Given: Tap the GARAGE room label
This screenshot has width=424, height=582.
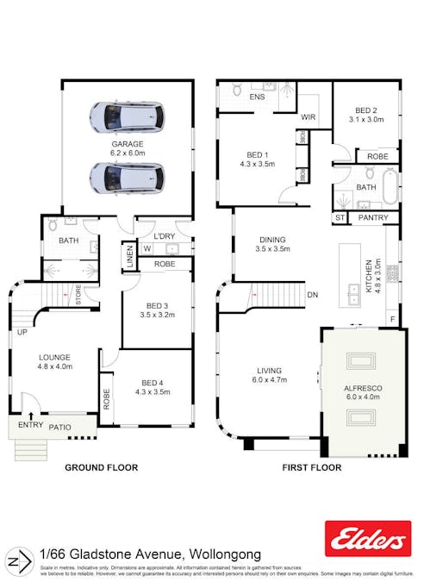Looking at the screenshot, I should click(x=126, y=144).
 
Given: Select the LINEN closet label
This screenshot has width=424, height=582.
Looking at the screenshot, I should click(x=128, y=255).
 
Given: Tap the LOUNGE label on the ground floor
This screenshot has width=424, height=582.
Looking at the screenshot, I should click(x=54, y=357).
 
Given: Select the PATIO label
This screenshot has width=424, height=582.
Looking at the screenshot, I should click(x=59, y=426).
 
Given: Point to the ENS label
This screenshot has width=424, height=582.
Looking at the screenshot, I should click(x=257, y=97).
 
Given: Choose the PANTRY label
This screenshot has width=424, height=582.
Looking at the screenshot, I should click(x=372, y=218).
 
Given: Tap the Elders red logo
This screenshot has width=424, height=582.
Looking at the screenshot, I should click(x=365, y=540).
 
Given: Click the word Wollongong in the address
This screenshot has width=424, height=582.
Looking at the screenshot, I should click(x=220, y=554).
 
